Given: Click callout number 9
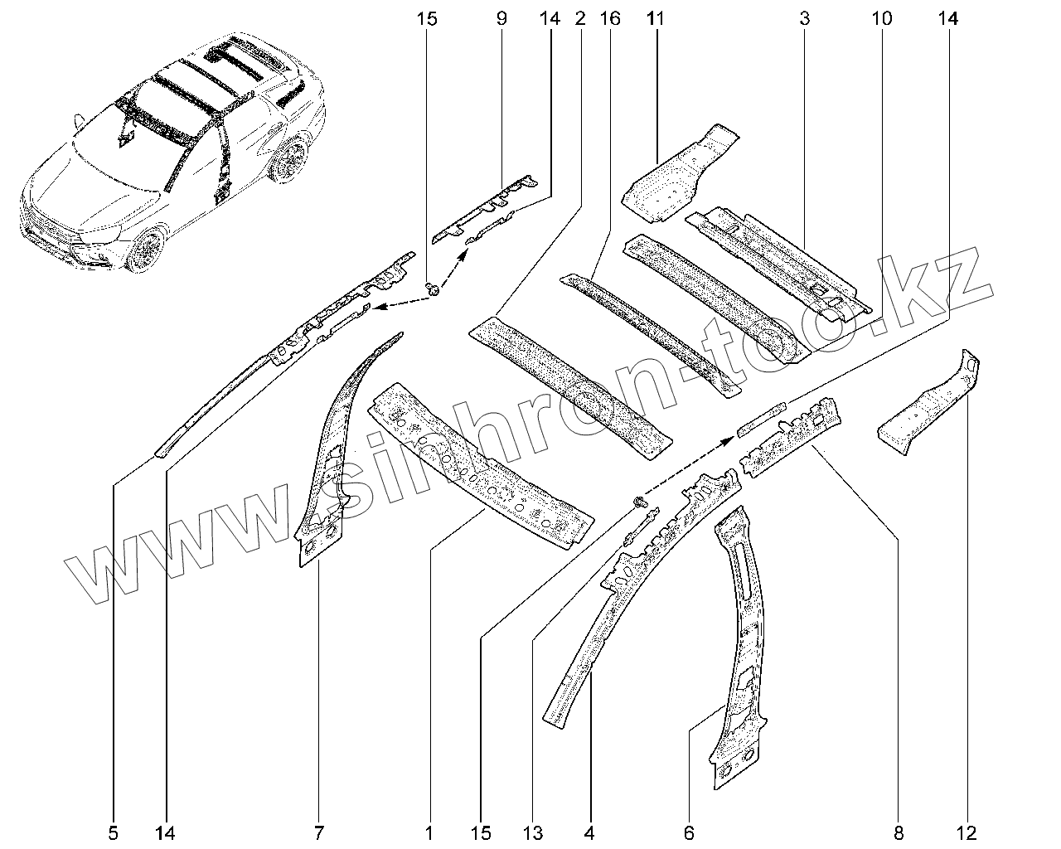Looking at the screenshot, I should [x=501, y=17].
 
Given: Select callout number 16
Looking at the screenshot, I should [x=611, y=17].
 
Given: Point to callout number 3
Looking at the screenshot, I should [x=804, y=17].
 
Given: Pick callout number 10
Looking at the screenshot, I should [x=880, y=17].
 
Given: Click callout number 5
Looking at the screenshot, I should [x=114, y=832].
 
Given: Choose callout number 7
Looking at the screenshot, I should [x=319, y=832].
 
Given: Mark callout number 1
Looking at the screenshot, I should [x=429, y=832].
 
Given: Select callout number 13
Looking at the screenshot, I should [x=531, y=832].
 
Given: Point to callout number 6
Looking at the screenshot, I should [x=689, y=832].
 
